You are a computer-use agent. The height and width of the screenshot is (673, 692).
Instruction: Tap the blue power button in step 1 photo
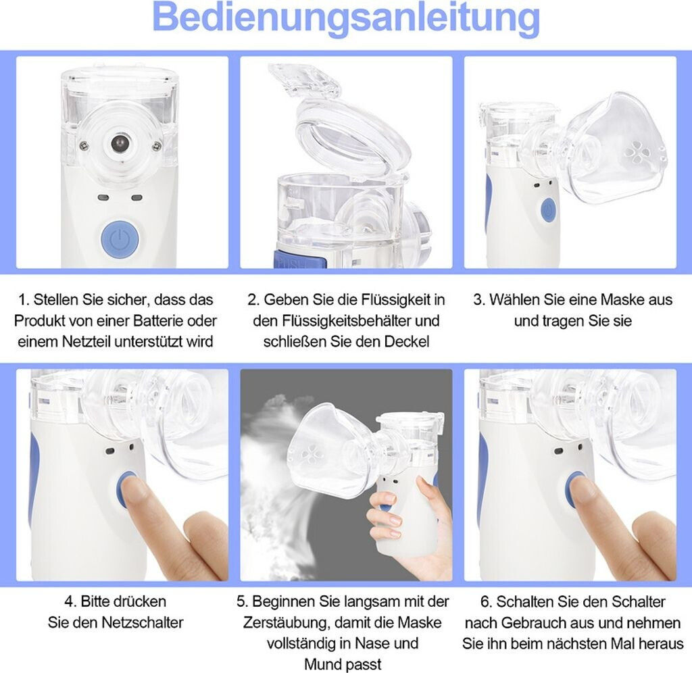click(120, 239)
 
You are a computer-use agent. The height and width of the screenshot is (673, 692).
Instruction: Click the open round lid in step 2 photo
click(353, 134)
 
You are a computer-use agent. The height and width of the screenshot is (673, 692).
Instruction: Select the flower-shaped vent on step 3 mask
click(636, 152)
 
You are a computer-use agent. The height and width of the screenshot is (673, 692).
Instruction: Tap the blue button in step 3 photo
click(549, 210)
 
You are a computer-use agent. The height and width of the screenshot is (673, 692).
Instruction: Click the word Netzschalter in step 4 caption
click(142, 622)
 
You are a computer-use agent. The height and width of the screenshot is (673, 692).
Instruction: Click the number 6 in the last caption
click(485, 602)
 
